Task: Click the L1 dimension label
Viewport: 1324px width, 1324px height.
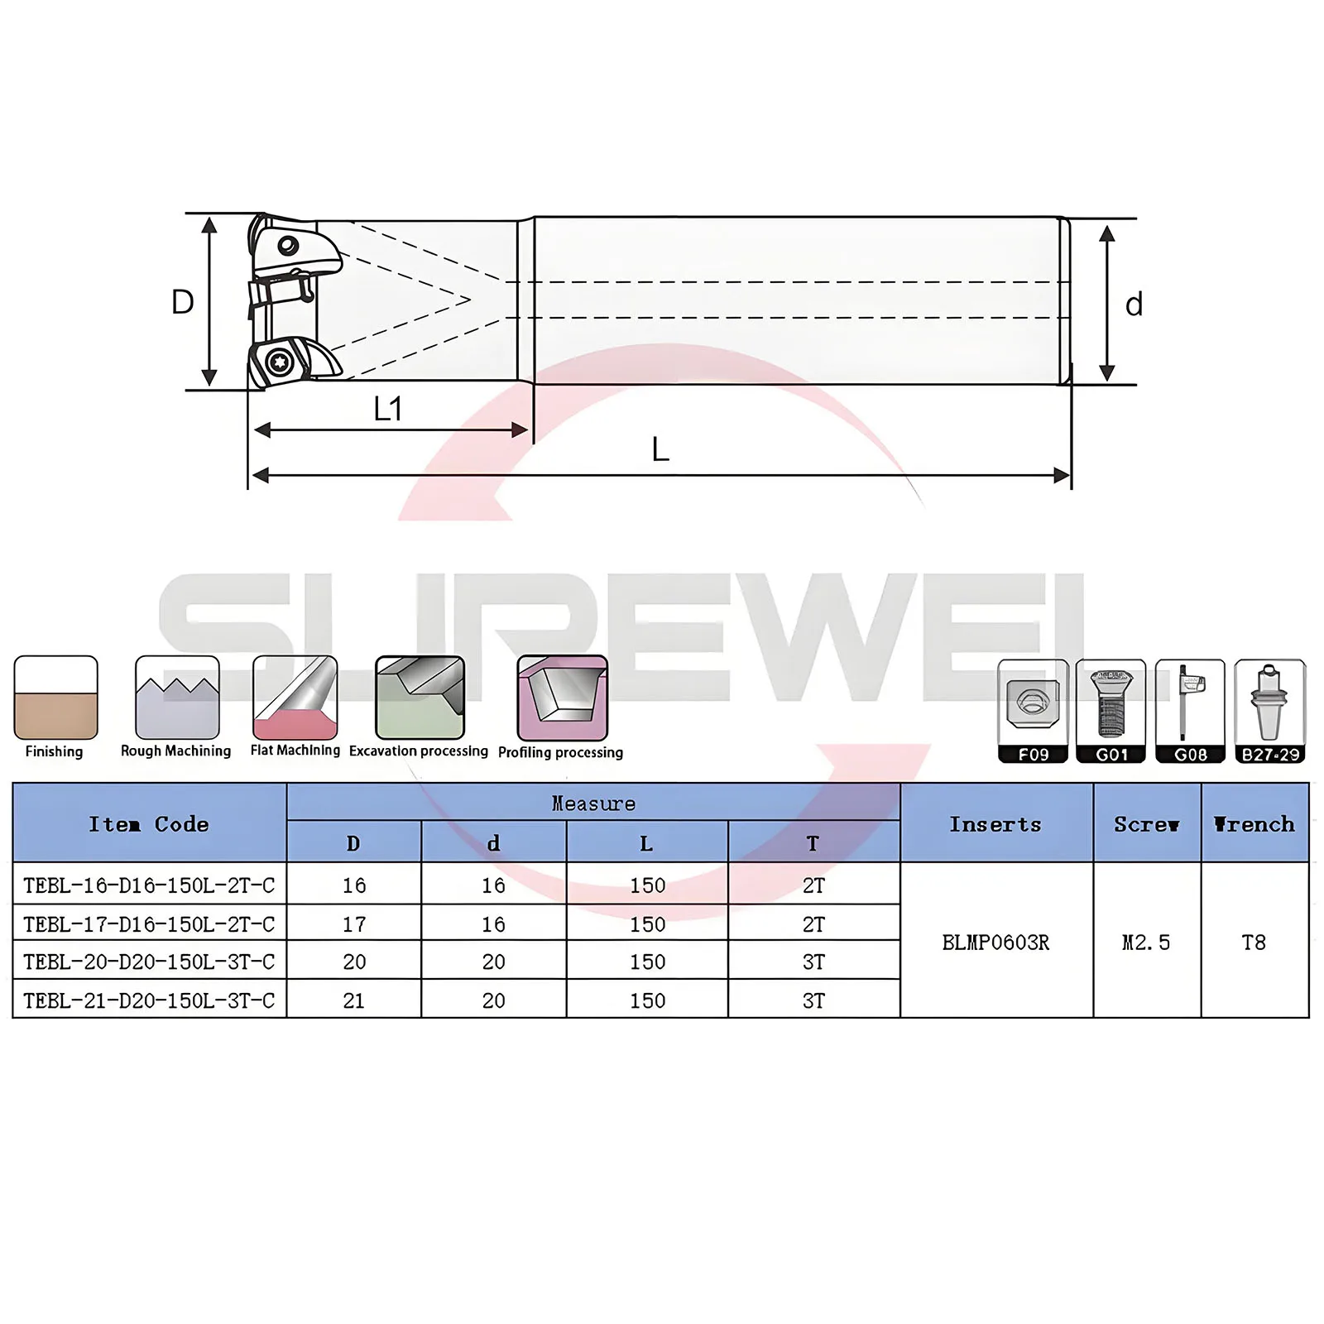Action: (387, 409)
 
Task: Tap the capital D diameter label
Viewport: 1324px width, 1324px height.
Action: (182, 303)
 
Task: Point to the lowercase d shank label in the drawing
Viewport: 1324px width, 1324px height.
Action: (1134, 305)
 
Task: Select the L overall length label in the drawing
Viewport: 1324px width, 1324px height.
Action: (660, 450)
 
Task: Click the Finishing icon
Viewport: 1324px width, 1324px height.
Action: (55, 698)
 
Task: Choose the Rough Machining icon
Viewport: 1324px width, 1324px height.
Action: (177, 698)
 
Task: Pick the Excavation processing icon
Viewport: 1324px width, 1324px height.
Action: (420, 698)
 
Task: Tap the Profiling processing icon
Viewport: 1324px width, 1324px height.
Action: (562, 698)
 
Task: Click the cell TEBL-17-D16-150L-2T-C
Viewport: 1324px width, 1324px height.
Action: (149, 923)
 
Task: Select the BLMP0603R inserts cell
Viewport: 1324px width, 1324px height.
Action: (995, 943)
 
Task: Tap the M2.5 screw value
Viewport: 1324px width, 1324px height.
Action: (1146, 943)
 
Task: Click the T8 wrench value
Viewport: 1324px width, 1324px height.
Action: (1254, 943)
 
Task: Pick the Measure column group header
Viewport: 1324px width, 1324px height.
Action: (593, 804)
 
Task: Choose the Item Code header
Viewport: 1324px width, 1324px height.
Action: (149, 824)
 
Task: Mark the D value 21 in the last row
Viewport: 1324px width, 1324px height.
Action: (353, 1000)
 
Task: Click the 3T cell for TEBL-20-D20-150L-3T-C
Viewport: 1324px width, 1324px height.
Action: (813, 962)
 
